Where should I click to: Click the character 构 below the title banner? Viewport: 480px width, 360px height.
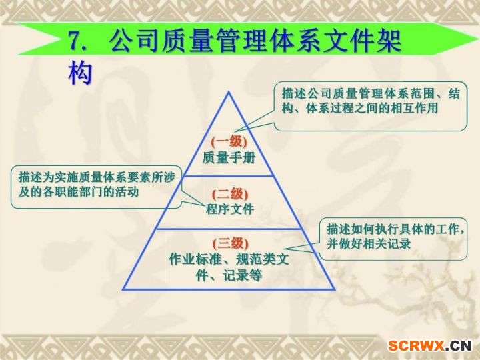click(80, 73)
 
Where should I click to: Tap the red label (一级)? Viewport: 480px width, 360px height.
click(229, 141)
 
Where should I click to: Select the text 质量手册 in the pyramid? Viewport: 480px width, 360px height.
click(229, 157)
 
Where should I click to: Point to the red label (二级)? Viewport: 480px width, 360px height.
click(230, 194)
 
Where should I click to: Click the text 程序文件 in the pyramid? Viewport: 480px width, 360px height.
click(230, 209)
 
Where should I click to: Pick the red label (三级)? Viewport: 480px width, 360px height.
click(231, 243)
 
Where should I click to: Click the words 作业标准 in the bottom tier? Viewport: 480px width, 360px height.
click(195, 259)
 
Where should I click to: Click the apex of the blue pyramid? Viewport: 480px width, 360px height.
click(229, 92)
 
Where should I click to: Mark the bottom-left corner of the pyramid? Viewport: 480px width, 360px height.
click(123, 289)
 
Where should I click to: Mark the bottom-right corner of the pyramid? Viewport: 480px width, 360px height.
click(335, 289)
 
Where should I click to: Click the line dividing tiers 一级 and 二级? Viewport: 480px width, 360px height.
click(229, 176)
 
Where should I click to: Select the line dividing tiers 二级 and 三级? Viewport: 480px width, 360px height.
click(229, 229)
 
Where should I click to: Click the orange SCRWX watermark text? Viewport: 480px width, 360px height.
click(416, 346)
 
